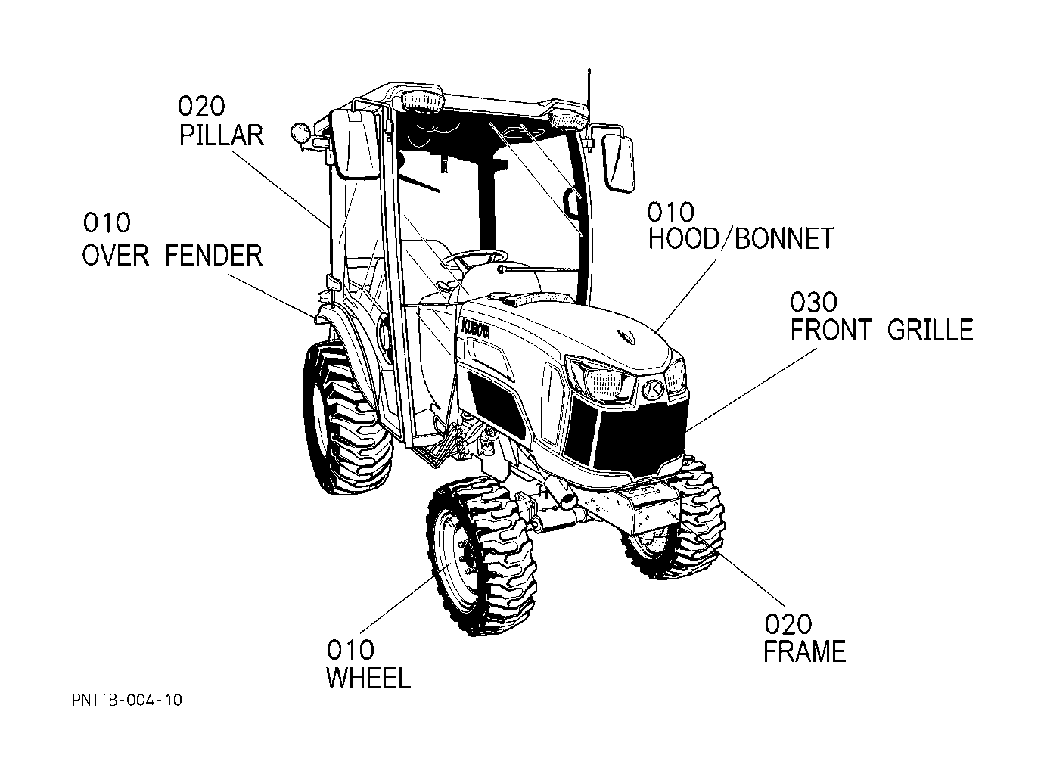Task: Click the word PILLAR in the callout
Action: [222, 135]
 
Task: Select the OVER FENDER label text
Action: [172, 255]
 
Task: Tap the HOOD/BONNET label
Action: [741, 239]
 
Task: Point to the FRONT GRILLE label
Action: [881, 330]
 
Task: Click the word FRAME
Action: [804, 651]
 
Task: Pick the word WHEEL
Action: [368, 678]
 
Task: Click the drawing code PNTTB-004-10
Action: [127, 700]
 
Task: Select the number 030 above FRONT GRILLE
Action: [813, 302]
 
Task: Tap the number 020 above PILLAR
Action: [201, 107]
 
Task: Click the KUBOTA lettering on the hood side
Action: [475, 328]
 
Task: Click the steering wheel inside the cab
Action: [475, 257]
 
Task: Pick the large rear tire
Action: [347, 418]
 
